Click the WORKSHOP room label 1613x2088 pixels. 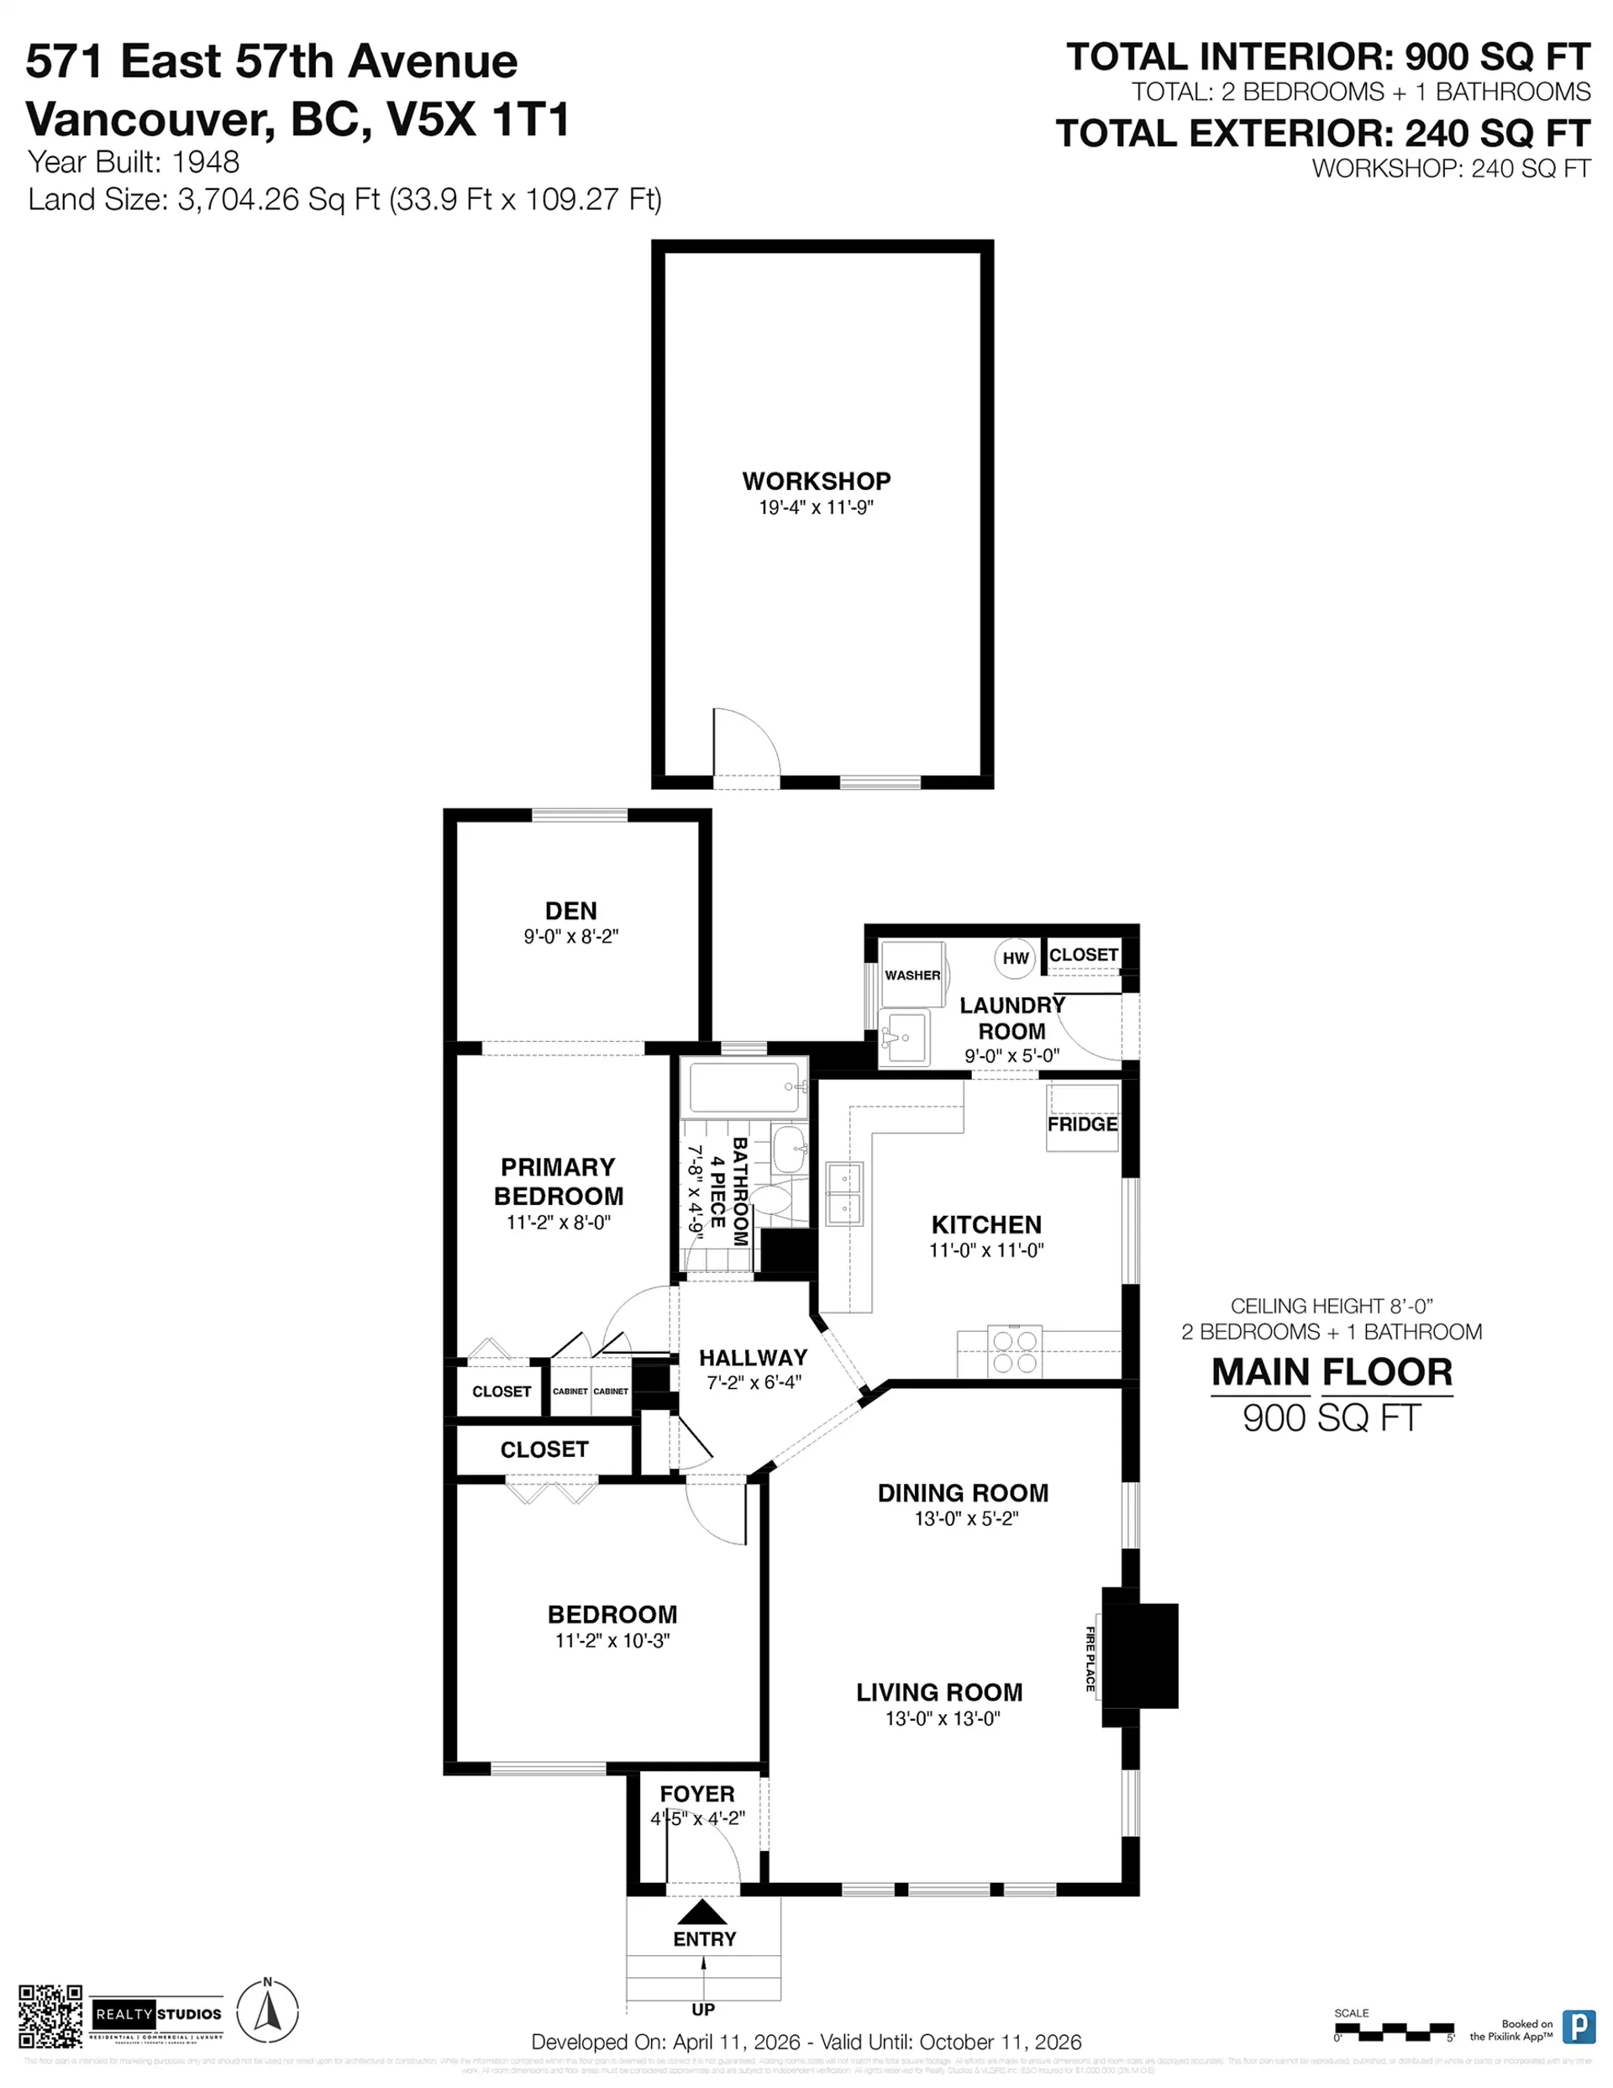(816, 481)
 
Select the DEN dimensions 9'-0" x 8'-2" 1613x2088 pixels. (570, 937)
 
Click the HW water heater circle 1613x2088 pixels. (1015, 958)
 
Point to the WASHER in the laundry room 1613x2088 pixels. (912, 974)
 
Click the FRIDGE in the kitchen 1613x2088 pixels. (1082, 1118)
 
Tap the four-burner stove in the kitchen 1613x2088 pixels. (1015, 1351)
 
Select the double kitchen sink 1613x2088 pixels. (844, 1193)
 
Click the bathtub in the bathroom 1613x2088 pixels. (743, 1088)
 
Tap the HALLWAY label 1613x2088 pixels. (753, 1358)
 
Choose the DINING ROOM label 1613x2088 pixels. (963, 1493)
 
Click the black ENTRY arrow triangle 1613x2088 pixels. (703, 1912)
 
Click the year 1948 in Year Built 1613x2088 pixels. (206, 162)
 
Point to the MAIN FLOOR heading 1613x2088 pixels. (1332, 1372)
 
